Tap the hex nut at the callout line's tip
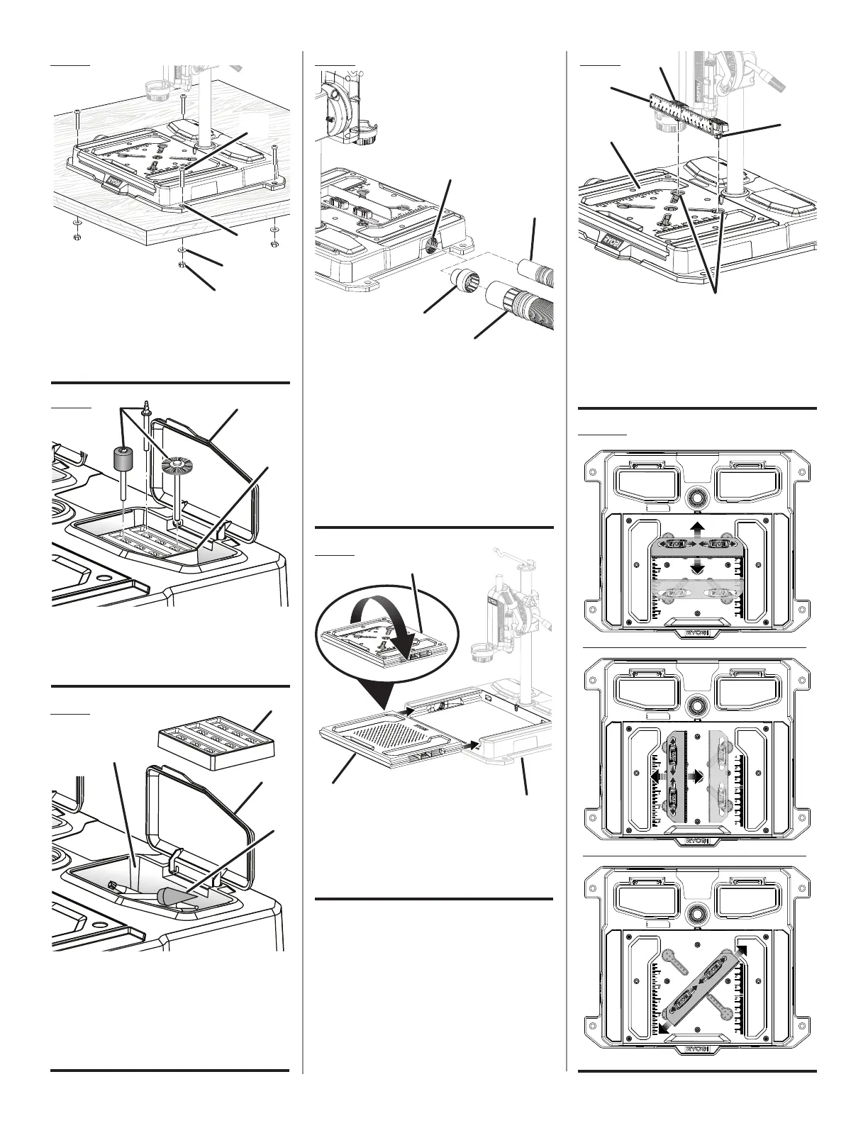pyautogui.click(x=182, y=265)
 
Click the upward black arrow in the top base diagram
pyautogui.click(x=698, y=529)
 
